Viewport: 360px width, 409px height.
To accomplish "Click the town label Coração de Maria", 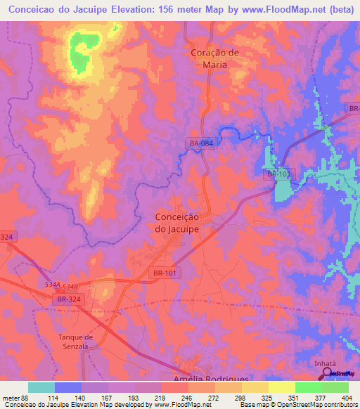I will (x=215, y=58).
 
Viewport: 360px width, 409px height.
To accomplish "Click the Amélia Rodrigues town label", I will (x=211, y=379).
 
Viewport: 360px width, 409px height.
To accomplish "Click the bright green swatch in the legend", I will (x=308, y=387).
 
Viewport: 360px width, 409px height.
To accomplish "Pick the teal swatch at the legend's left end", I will (x=41, y=387).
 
